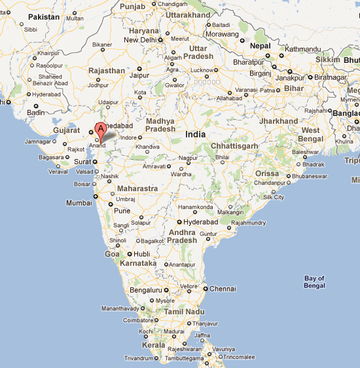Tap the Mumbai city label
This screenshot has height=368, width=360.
tap(79, 203)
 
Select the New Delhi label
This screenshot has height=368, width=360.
tap(141, 40)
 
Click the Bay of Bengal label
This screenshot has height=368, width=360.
tap(314, 282)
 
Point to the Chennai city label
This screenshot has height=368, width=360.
tap(223, 288)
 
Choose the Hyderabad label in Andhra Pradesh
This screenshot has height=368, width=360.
tap(200, 222)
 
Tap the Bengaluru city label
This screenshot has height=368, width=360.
tap(145, 289)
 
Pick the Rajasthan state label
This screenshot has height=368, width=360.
tap(106, 71)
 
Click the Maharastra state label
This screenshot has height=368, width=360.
tap(137, 189)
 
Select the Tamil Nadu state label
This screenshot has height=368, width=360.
tap(181, 312)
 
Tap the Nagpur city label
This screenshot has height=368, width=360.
tap(188, 158)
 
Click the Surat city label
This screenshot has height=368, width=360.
tap(82, 161)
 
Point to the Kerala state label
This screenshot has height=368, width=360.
tap(154, 344)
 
